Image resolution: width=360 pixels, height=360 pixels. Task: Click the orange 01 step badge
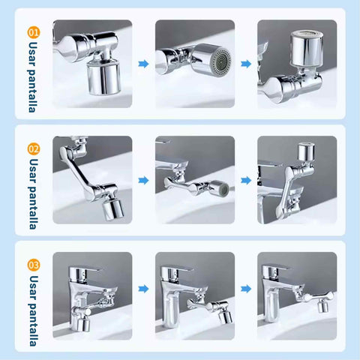[34, 32]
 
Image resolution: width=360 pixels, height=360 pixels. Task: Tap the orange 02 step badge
[34, 148]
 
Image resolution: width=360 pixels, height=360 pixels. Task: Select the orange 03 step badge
[34, 265]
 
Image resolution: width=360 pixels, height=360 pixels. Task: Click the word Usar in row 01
[33, 54]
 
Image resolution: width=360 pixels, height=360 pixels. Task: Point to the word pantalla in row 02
[34, 207]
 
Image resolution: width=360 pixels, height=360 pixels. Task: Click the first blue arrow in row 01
[143, 64]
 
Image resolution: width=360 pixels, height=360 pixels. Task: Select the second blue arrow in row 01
[246, 64]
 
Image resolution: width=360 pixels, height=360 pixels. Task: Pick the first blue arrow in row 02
[143, 180]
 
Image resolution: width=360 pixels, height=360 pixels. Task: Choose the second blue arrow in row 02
[246, 180]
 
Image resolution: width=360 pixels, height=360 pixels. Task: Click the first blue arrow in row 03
[143, 289]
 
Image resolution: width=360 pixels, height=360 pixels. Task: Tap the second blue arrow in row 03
[246, 289]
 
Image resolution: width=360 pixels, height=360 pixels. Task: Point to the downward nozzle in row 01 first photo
[103, 78]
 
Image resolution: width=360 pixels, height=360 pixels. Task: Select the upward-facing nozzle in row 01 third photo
[307, 48]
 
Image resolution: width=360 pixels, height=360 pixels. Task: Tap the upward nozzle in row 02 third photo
[306, 151]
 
